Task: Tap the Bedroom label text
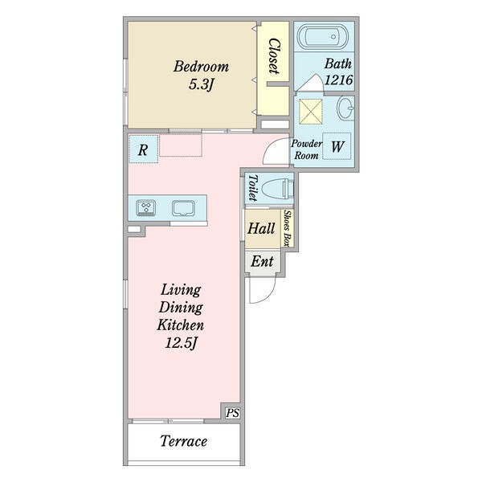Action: pos(202,67)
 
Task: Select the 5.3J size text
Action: pos(201,84)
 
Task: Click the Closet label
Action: pos(274,56)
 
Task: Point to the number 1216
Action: pos(338,80)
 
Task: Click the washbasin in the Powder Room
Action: pos(345,108)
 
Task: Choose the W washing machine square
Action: pos(337,146)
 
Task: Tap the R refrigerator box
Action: pos(143,149)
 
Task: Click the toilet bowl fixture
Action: pos(279,188)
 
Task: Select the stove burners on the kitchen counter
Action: pos(145,207)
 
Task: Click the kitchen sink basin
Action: pos(183,208)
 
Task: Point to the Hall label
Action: pos(261,229)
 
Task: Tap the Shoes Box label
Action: pos(288,228)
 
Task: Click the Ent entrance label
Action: pos(262,262)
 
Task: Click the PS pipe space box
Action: pos(232,413)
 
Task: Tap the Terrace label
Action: pos(184,441)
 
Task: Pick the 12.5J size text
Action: pos(181,343)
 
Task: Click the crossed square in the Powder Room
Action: pos(310,112)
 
